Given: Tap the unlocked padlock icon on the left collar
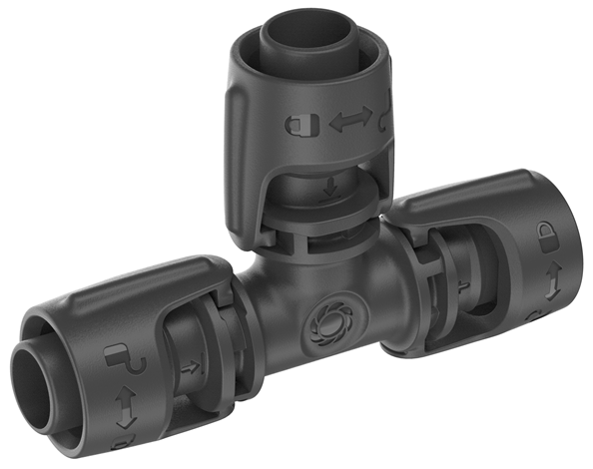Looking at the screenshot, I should click(117, 355).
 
